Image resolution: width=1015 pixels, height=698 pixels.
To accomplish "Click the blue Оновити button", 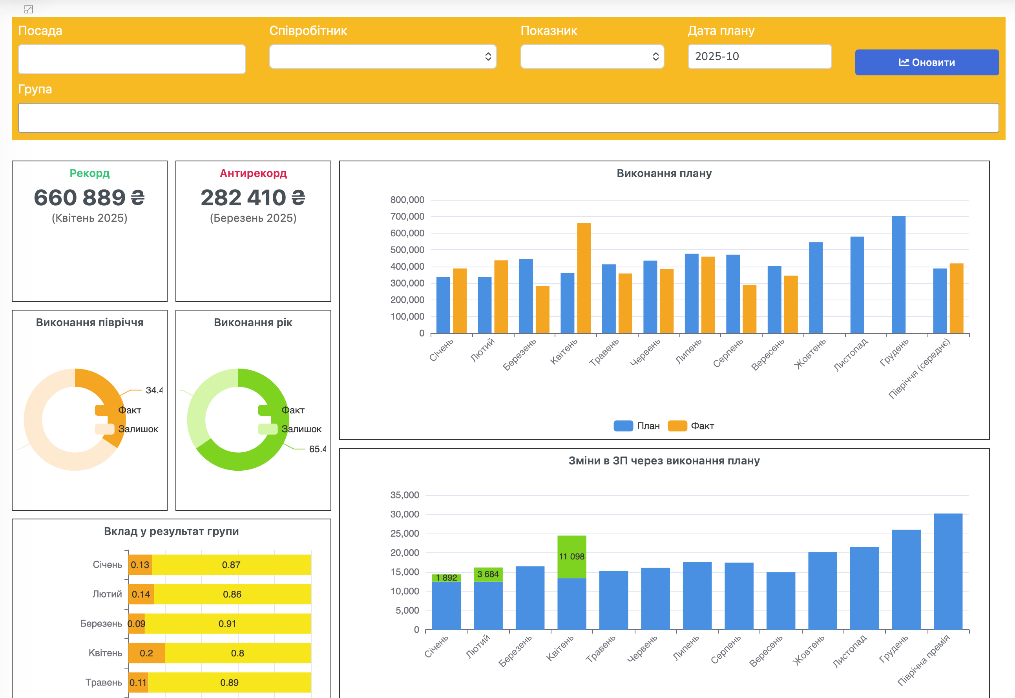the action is point(927,62).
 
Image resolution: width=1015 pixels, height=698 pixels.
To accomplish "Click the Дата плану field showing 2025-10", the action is point(759,57).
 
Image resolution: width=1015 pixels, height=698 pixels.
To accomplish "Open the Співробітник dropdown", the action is point(382,57).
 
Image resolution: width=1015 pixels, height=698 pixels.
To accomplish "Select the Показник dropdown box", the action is point(592,57).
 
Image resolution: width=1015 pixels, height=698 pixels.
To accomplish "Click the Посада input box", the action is point(131,59).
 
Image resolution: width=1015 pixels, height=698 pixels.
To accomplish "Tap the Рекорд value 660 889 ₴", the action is point(89,198).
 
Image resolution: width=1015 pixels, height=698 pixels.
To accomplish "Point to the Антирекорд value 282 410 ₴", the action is point(253,198).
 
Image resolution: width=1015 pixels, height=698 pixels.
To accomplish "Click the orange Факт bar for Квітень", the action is point(584,278).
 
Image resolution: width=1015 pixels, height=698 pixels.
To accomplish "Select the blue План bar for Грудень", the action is point(898,275).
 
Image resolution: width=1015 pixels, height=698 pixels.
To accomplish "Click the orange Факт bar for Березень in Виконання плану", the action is point(542,310).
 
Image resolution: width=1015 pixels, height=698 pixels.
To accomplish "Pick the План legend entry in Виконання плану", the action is point(637,426).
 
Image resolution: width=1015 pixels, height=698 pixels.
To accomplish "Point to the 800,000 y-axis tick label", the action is point(407,200).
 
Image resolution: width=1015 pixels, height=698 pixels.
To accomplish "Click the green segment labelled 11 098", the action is point(572,557).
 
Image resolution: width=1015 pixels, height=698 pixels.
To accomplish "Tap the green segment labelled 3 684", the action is point(488,574).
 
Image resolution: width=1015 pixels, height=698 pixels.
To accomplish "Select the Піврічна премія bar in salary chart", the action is point(947,572).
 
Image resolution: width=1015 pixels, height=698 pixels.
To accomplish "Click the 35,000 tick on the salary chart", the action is point(404,495).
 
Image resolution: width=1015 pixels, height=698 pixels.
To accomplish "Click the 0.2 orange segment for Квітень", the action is point(147,653).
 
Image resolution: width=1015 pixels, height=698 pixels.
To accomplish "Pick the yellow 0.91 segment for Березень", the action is point(228,624).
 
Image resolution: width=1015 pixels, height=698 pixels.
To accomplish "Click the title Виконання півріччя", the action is point(89,322).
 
